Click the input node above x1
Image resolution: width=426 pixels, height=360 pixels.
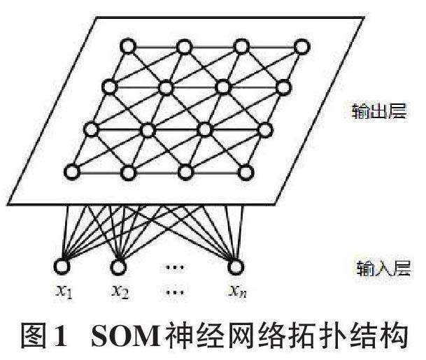click(x=62, y=266)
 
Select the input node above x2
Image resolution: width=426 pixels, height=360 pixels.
click(x=118, y=266)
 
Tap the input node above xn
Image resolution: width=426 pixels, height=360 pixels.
click(x=234, y=266)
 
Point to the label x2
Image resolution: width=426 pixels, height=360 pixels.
click(x=120, y=291)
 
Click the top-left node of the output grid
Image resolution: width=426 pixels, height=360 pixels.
click(x=127, y=47)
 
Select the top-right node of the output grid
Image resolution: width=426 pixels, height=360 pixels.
click(x=301, y=47)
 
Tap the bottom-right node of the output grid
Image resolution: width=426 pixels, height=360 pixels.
click(x=245, y=172)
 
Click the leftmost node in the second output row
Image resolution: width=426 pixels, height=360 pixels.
click(x=108, y=87)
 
